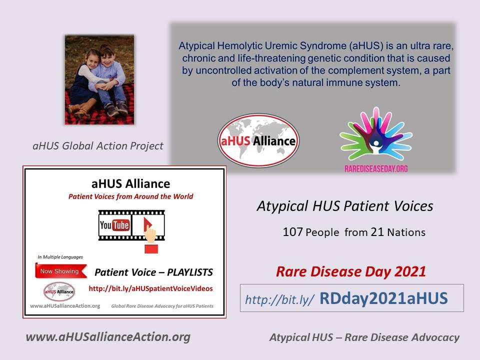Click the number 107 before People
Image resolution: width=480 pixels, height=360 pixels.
(x=292, y=232)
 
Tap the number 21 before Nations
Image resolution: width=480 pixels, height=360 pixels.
(x=377, y=232)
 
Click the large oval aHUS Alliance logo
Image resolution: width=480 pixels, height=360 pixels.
(x=258, y=140)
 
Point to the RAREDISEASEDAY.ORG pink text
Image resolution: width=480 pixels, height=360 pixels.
(x=376, y=168)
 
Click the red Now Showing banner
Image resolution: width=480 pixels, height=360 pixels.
(x=61, y=271)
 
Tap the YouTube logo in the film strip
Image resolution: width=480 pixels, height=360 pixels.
(x=114, y=225)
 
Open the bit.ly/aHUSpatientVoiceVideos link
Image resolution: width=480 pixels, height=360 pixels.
(x=150, y=288)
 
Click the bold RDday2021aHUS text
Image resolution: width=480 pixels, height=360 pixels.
(x=383, y=298)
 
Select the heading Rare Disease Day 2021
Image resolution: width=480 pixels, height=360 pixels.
(x=351, y=272)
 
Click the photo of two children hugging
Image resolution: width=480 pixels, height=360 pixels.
(x=99, y=79)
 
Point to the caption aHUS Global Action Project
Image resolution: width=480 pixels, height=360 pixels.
(x=98, y=146)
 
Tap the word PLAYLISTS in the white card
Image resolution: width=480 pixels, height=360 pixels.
(x=190, y=272)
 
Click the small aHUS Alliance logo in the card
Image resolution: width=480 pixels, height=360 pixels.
(x=59, y=291)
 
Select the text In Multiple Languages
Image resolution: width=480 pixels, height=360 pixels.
(x=60, y=257)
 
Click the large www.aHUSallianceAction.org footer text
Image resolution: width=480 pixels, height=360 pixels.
(x=108, y=337)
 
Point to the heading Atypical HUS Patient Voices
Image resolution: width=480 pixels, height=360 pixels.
(x=345, y=206)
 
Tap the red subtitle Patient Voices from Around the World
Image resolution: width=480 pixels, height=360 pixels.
(x=130, y=196)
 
